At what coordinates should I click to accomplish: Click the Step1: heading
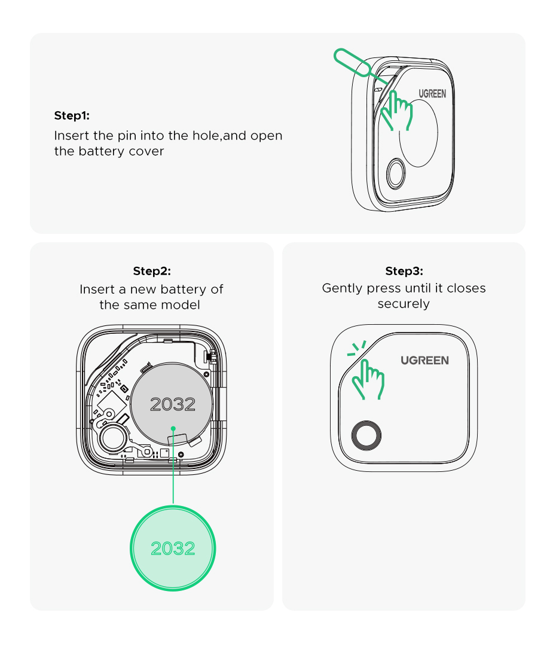pyautogui.click(x=72, y=115)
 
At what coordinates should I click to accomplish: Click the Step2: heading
pyautogui.click(x=152, y=271)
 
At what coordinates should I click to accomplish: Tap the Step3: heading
pyautogui.click(x=404, y=271)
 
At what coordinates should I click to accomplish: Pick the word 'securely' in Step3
pyautogui.click(x=404, y=304)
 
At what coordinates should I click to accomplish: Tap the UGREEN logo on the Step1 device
pyautogui.click(x=432, y=94)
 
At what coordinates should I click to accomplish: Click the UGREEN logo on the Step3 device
pyautogui.click(x=424, y=360)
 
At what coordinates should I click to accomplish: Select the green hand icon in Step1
pyautogui.click(x=396, y=110)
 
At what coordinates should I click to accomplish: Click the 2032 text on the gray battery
pyautogui.click(x=173, y=404)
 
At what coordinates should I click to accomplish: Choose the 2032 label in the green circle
pyautogui.click(x=173, y=549)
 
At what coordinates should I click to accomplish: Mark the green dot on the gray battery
pyautogui.click(x=173, y=428)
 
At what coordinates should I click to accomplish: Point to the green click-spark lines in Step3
pyautogui.click(x=357, y=348)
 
